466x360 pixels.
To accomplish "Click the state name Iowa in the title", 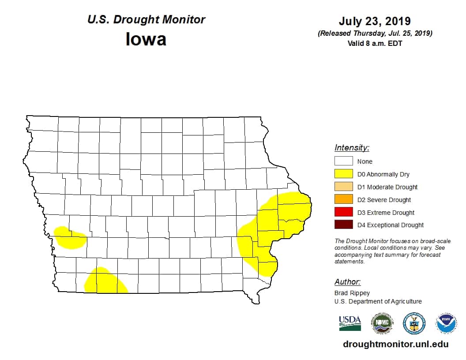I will [x=146, y=39].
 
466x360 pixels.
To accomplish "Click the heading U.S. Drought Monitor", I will [x=146, y=20].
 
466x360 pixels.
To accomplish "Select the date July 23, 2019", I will [x=375, y=21].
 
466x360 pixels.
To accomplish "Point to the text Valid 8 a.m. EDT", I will [x=375, y=43].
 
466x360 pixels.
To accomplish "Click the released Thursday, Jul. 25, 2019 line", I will [x=375, y=34].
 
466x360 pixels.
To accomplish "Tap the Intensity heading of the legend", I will [x=352, y=148].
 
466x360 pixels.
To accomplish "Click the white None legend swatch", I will [x=343, y=161].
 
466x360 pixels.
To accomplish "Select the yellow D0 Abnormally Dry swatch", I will [x=343, y=174].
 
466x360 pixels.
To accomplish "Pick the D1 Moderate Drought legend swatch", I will [x=343, y=187].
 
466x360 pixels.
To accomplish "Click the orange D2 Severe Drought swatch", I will [x=343, y=199].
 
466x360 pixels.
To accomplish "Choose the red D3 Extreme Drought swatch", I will [x=343, y=212].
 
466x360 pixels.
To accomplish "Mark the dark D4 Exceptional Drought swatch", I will [x=343, y=225].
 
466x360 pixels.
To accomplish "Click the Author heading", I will [x=347, y=282].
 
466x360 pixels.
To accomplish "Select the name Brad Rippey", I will [x=352, y=293].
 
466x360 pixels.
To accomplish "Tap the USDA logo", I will [x=349, y=323].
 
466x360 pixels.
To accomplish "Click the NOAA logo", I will [x=446, y=323].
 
